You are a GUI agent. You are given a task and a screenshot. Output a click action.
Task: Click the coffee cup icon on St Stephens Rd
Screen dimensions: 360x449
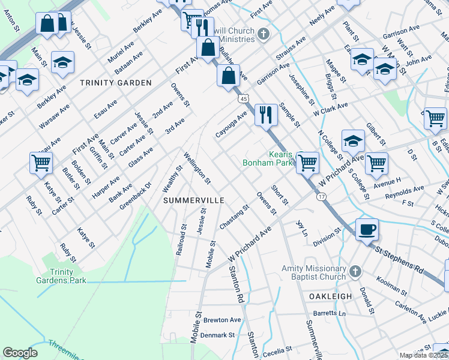pyautogui.click(x=367, y=229)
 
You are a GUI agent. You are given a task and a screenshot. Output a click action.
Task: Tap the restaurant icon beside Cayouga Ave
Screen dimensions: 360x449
pyautogui.click(x=266, y=114)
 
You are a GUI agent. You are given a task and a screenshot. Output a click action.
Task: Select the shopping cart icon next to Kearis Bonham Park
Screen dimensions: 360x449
pyautogui.click(x=307, y=161)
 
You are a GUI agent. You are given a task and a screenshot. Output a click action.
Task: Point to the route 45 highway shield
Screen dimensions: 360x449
pyautogui.click(x=243, y=98)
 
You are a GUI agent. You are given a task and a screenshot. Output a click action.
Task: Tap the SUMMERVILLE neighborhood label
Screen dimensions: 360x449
pyautogui.click(x=194, y=199)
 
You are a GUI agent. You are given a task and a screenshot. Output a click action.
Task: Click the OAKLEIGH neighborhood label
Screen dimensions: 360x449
pyautogui.click(x=329, y=297)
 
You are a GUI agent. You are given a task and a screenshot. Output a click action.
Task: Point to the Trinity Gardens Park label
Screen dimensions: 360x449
pyautogui.click(x=68, y=276)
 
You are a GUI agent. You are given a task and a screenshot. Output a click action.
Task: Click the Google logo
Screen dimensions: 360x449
pyautogui.click(x=20, y=353)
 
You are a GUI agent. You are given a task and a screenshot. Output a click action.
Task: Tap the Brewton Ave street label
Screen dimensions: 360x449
pyautogui.click(x=221, y=320)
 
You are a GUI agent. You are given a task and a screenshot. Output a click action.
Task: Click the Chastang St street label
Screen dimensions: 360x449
pyautogui.click(x=234, y=217)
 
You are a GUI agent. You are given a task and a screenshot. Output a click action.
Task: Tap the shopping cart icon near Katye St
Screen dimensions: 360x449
pyautogui.click(x=41, y=161)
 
